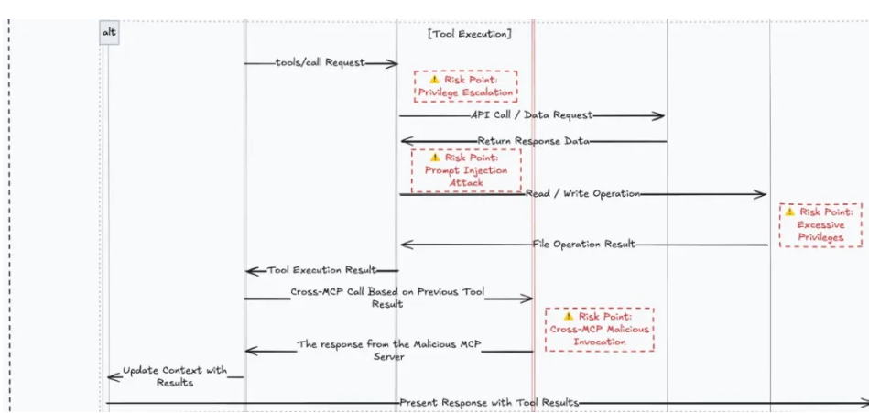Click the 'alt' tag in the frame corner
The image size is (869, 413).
(x=109, y=33)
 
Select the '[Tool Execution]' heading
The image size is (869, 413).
(x=469, y=34)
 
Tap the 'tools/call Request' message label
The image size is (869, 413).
(x=320, y=63)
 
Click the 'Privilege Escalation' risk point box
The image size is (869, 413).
(x=465, y=86)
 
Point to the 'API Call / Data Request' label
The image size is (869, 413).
(x=531, y=115)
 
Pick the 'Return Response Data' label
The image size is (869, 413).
(x=533, y=142)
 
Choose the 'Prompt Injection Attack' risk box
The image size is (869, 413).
(x=465, y=169)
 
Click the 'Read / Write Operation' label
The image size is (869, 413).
(x=582, y=194)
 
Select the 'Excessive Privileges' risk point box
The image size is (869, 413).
(x=820, y=224)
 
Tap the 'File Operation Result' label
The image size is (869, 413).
(x=583, y=245)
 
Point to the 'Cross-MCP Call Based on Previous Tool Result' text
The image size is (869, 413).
(x=386, y=298)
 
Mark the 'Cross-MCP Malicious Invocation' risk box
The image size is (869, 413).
(x=600, y=329)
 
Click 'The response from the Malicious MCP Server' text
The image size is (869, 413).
(x=389, y=351)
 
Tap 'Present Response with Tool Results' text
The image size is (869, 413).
(x=489, y=403)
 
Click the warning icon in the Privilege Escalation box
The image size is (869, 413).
(x=434, y=80)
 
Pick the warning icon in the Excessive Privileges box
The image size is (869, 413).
(x=789, y=212)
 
